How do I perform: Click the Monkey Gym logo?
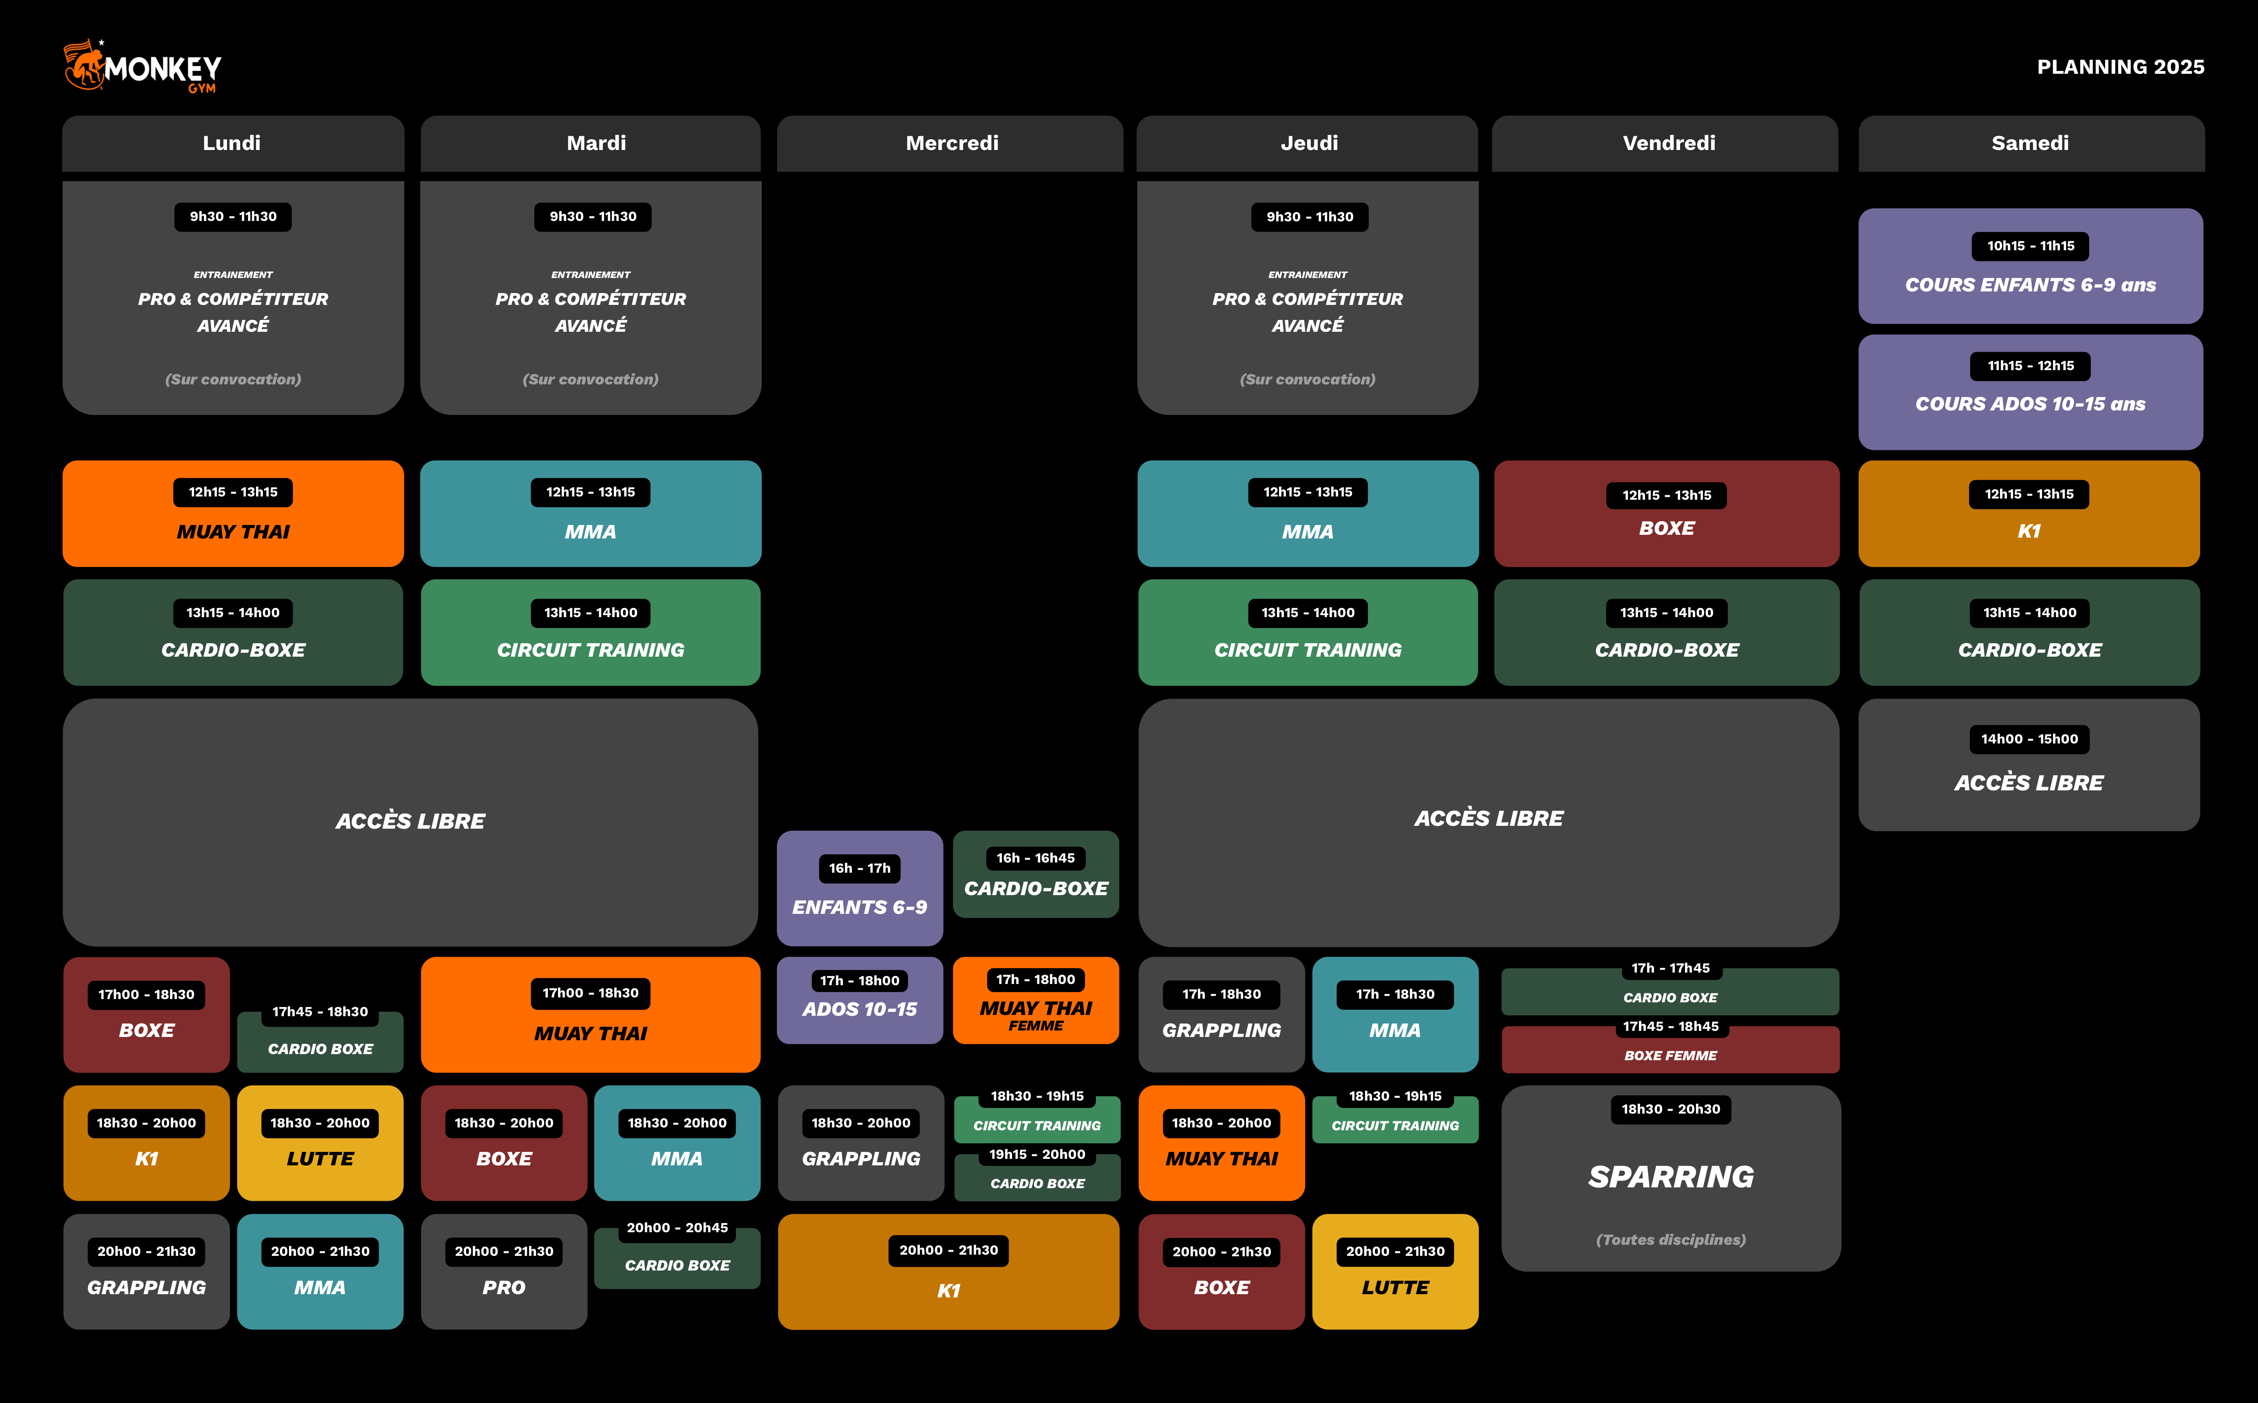[x=142, y=66]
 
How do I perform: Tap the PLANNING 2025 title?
[x=2120, y=67]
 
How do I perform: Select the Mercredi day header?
[x=952, y=143]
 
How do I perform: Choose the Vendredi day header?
[x=1668, y=143]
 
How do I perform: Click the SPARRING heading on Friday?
[x=1671, y=1177]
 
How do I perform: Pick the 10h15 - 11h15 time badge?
[x=2030, y=246]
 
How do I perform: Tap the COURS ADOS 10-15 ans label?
[x=2030, y=404]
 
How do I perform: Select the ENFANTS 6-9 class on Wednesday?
[x=859, y=907]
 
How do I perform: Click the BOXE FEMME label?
[x=1670, y=1055]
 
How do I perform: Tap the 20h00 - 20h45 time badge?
[x=677, y=1228]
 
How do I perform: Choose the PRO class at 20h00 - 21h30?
[x=504, y=1287]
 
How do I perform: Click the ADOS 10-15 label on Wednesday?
[x=859, y=1009]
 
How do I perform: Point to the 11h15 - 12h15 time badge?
[x=2030, y=366]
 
